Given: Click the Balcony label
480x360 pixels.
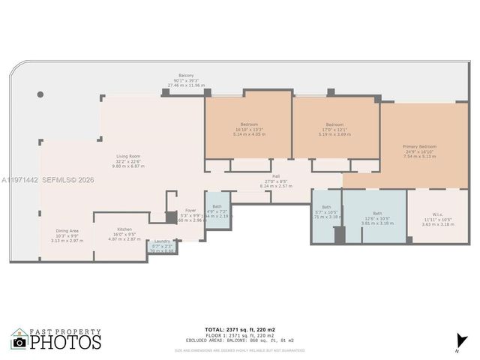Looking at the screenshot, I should coord(186,75).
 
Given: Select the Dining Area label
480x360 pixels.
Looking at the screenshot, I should coord(67,231).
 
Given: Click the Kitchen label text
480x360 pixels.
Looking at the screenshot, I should coord(124,229).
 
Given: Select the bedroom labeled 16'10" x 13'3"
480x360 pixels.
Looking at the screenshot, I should coord(249,124).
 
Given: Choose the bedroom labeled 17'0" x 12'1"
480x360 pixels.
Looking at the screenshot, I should coord(334,124).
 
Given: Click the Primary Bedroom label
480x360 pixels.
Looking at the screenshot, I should coord(419,146).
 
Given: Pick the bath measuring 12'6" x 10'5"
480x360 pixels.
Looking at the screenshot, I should coord(376,213).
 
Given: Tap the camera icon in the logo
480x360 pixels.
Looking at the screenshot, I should coord(19,342).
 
